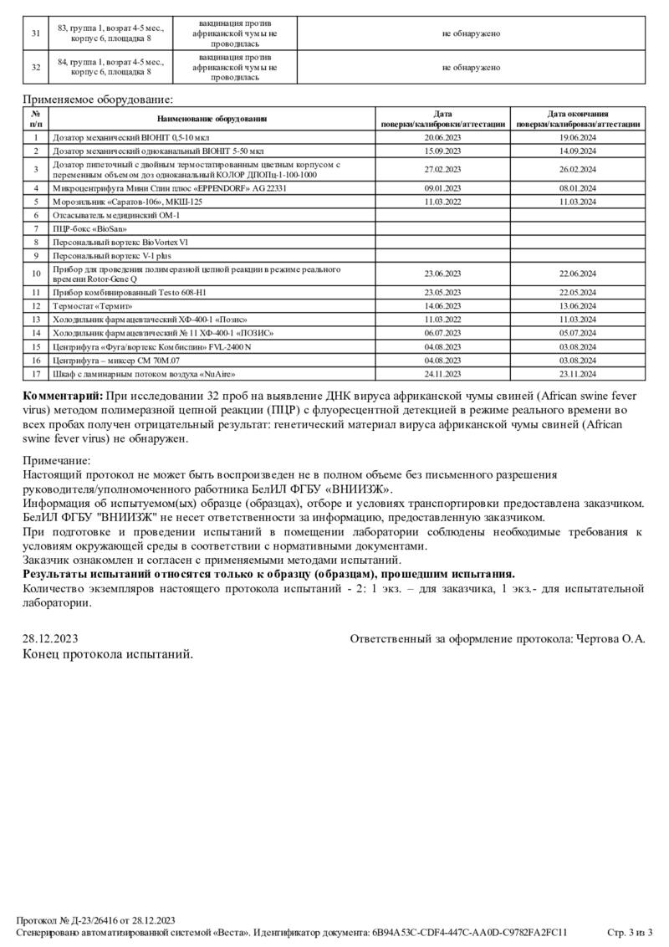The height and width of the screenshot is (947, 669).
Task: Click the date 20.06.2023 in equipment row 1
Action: coord(443,136)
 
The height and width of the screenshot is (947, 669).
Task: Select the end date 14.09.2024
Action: coord(578,151)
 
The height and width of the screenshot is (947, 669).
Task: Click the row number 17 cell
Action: coord(36,373)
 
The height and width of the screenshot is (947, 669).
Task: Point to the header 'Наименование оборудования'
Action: coord(212,119)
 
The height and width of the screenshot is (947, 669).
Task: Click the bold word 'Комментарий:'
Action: coord(63,395)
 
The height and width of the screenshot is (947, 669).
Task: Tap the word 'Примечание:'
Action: coord(56,459)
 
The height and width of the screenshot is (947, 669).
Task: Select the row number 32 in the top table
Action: coord(36,68)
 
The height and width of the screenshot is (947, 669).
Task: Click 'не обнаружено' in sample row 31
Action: coord(471,33)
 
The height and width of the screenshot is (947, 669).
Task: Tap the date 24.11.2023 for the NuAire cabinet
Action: coord(443,373)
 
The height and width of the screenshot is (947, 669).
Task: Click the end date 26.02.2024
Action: coord(578,170)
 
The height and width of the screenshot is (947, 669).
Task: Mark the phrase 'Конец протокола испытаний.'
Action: coord(108,653)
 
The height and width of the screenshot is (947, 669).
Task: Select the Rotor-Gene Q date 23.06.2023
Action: coord(443,274)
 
